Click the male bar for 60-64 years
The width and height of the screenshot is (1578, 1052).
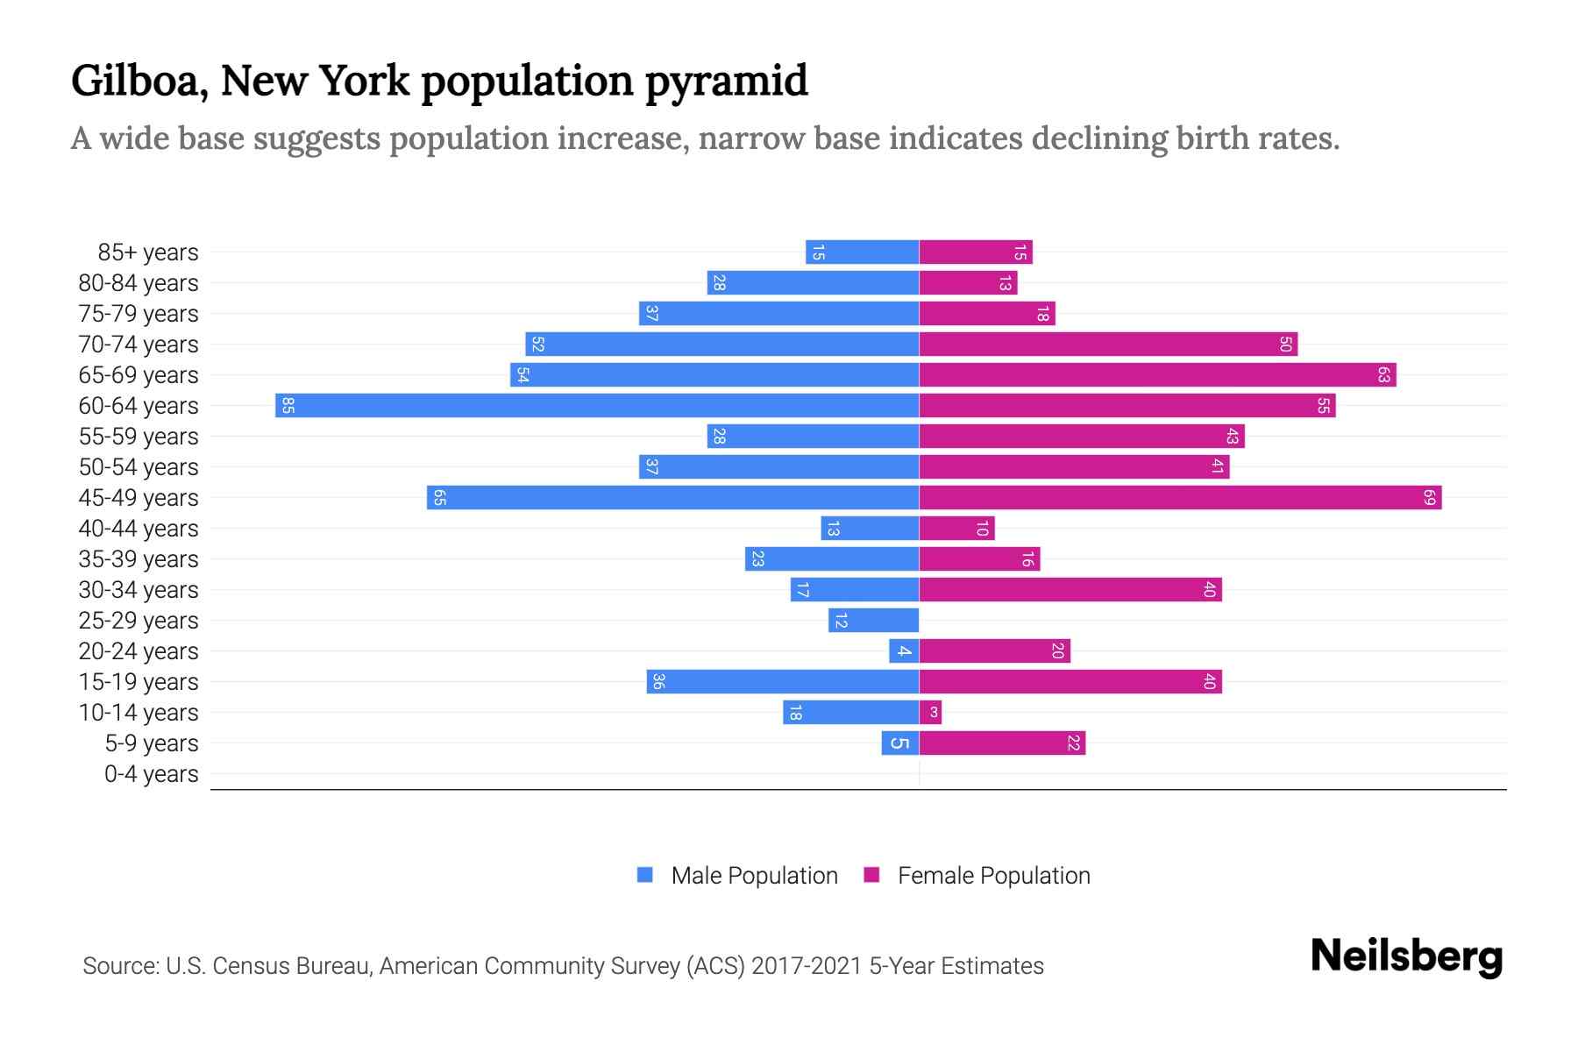tap(596, 406)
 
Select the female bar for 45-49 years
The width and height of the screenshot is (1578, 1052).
tap(1179, 498)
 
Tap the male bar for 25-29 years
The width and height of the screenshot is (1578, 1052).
tap(873, 621)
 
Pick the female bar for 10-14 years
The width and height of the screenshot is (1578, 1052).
tap(930, 713)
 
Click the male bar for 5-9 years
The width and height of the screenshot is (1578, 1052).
tap(900, 743)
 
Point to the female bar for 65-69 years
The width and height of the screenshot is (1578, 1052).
tap(1157, 375)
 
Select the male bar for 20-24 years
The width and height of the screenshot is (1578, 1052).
tap(904, 651)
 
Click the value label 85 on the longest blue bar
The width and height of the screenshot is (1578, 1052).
tap(288, 406)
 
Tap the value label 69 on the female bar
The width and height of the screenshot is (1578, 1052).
tap(1429, 498)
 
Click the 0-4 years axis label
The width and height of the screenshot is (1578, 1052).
tap(151, 774)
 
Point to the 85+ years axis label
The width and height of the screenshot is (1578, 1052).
tap(147, 252)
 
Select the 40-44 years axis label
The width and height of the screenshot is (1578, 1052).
tap(139, 529)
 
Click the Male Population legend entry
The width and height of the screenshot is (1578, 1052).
tap(737, 876)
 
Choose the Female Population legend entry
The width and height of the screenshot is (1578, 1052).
tap(977, 876)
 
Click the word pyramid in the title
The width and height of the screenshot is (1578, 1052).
tap(726, 81)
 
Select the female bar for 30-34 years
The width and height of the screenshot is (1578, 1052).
tap(1070, 590)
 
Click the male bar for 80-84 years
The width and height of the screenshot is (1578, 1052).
tap(813, 283)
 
